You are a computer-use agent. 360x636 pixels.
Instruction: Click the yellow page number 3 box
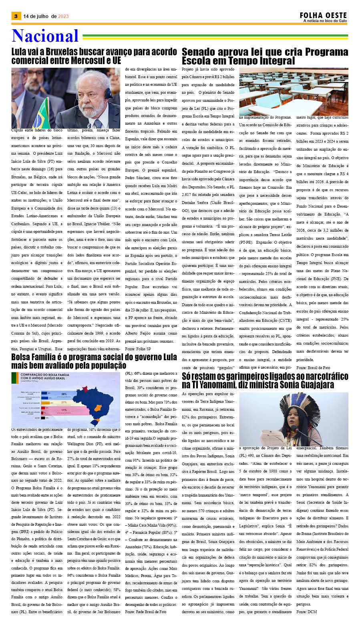click(16, 16)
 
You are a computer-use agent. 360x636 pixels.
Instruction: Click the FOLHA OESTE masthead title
click(323, 15)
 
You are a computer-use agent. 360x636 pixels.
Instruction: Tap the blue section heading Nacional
click(45, 36)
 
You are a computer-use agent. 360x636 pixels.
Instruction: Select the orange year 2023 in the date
click(63, 16)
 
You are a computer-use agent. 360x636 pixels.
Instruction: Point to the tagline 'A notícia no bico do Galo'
click(325, 21)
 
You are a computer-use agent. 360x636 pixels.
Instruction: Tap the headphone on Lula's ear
click(108, 93)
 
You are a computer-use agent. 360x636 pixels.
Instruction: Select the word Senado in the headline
click(200, 52)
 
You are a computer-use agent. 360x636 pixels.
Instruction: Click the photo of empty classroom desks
click(294, 91)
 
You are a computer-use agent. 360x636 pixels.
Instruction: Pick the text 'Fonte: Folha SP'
click(138, 349)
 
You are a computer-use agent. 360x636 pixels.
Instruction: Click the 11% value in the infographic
click(64, 410)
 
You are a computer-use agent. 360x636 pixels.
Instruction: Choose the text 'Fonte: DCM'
click(306, 612)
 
